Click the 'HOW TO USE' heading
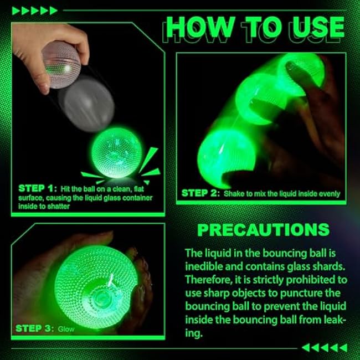pos(255,27)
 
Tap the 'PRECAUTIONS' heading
pos(263,230)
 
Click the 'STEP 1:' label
pos(38,188)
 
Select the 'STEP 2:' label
pos(200,193)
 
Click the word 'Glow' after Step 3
pos(66,330)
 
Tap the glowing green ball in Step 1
pos(117,153)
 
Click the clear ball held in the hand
pos(61,65)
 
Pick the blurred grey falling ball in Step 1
pos(87,104)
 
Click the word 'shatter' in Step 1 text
pos(59,207)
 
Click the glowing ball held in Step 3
pos(96,287)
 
